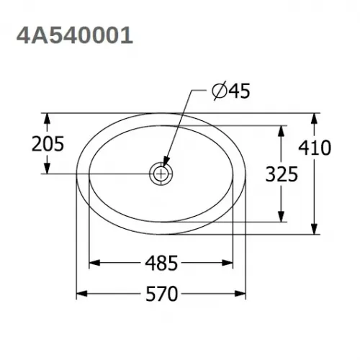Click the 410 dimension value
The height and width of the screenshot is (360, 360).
314,148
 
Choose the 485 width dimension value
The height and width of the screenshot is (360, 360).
161,264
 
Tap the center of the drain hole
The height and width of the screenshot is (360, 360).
161,173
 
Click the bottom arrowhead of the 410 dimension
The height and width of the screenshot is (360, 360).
315,229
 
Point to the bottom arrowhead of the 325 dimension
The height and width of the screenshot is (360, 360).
281,216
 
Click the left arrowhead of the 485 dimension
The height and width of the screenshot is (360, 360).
94,264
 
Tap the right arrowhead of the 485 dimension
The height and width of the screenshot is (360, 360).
230,264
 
